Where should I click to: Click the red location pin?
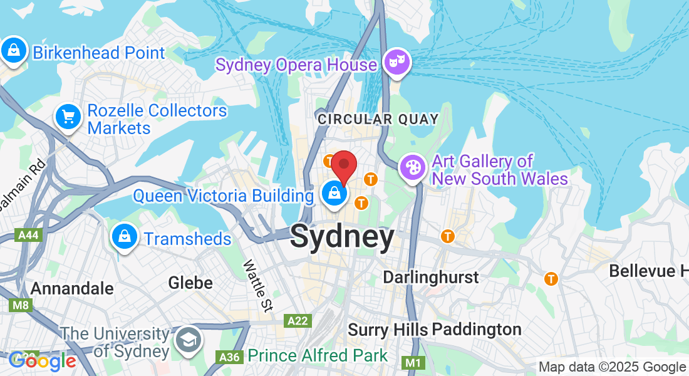pos(344,165)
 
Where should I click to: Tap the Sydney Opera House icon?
pos(397,63)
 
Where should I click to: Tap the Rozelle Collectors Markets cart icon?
pos(68,117)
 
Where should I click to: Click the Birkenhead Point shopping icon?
pos(13,51)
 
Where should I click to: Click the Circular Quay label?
pos(378,119)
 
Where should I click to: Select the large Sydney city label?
pos(343,238)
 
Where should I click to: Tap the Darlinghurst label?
pos(430,277)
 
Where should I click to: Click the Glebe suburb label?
pos(190,283)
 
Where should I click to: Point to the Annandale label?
pos(72,288)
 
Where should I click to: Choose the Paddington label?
pos(477,329)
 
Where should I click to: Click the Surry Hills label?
pos(388,330)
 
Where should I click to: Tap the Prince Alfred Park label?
pos(318,356)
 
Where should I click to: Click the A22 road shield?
pos(297,321)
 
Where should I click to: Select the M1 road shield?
pos(412,363)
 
